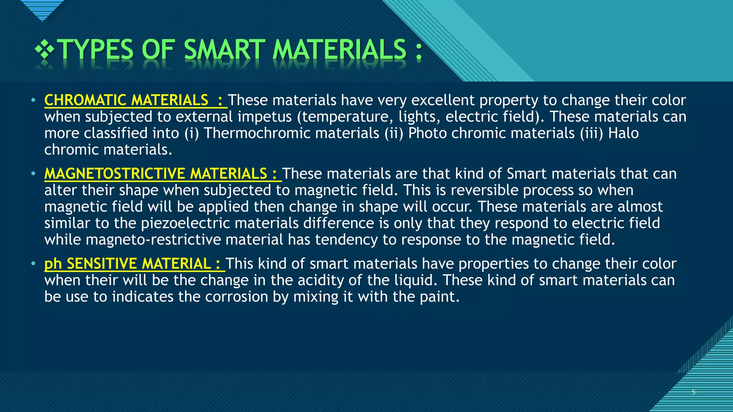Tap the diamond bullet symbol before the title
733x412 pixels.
44,49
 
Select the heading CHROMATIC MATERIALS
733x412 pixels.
126,100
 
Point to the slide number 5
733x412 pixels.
693,392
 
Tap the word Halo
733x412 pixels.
623,133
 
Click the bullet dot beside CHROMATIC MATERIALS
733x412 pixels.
33,100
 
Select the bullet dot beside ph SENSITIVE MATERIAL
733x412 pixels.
33,264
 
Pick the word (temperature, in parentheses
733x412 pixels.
345,117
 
